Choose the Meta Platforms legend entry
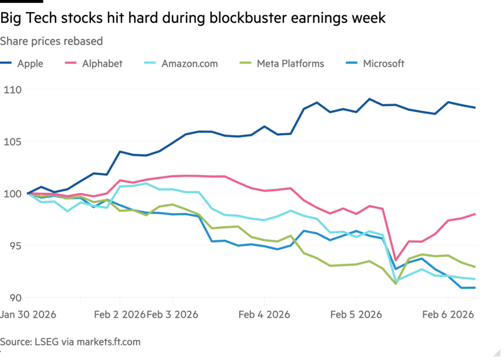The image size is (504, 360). pyautogui.click(x=290, y=64)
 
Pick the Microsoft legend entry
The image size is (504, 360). pyautogui.click(x=383, y=64)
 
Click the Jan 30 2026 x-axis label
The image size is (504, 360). pyautogui.click(x=29, y=314)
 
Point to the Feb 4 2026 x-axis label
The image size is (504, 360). pyautogui.click(x=264, y=314)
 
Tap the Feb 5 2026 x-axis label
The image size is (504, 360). pyautogui.click(x=356, y=314)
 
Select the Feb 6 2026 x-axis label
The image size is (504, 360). pyautogui.click(x=448, y=314)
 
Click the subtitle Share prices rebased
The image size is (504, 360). pyautogui.click(x=51, y=41)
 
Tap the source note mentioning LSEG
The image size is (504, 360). pyautogui.click(x=70, y=341)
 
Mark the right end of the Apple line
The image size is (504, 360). pyautogui.click(x=475, y=107)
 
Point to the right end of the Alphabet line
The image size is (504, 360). pyautogui.click(x=475, y=213)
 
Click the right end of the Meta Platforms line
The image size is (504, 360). pyautogui.click(x=475, y=267)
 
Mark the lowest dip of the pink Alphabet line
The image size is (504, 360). pyautogui.click(x=396, y=261)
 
